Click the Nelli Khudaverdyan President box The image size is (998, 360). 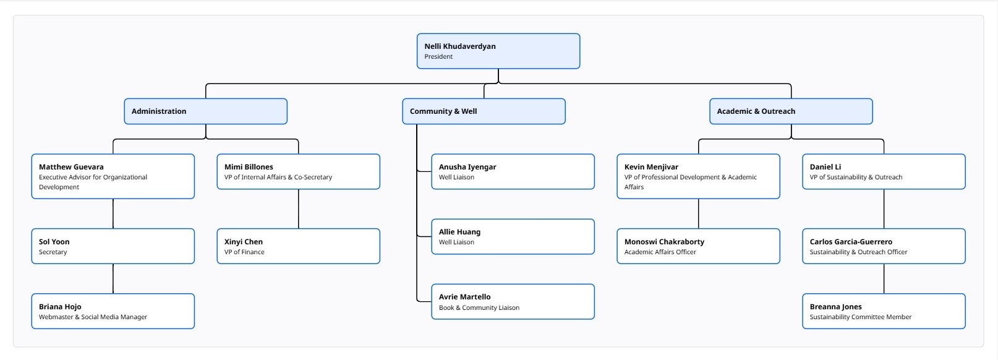click(498, 51)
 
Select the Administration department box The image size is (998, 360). click(205, 111)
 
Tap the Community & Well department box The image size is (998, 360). click(484, 111)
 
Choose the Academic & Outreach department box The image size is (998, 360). click(791, 111)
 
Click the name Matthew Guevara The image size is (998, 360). click(71, 167)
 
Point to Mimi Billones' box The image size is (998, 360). click(298, 172)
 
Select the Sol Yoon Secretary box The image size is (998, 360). click(113, 246)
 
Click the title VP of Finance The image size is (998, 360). click(244, 252)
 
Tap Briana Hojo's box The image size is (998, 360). click(113, 311)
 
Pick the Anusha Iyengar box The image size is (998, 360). click(513, 172)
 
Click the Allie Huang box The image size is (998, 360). click(513, 237)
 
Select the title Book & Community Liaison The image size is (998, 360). click(479, 308)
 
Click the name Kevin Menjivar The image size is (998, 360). click(651, 167)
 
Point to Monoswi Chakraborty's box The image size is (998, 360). click(698, 246)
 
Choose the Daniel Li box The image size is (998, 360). click(884, 172)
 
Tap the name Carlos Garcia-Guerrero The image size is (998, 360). click(851, 242)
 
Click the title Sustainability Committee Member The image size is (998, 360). click(861, 317)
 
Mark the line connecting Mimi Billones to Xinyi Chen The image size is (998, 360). click(299, 209)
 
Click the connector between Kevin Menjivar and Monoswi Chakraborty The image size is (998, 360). click(699, 214)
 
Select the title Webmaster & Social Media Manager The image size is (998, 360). click(93, 317)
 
